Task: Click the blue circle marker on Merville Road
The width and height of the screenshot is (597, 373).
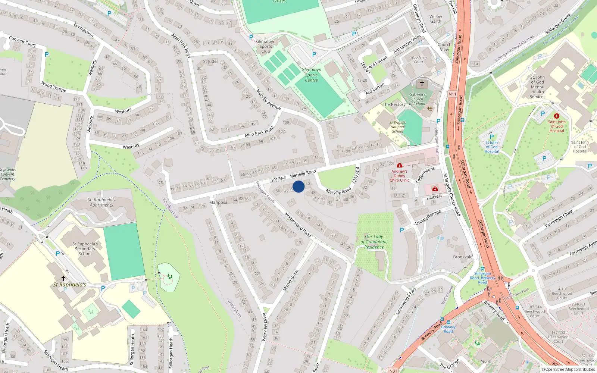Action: point(298,186)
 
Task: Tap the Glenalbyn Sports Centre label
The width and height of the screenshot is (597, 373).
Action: point(311,75)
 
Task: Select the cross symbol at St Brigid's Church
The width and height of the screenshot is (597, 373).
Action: point(422,83)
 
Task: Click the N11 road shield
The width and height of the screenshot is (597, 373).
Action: point(452,94)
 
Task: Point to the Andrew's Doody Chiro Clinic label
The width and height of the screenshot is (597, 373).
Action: point(399,176)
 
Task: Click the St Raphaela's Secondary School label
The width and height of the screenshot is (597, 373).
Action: point(85,249)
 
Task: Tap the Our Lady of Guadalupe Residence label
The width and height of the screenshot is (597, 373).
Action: point(374,242)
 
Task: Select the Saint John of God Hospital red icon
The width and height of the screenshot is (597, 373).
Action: point(557,116)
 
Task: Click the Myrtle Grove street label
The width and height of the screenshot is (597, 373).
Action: point(291,280)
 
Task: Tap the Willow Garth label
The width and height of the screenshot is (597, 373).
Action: point(435,19)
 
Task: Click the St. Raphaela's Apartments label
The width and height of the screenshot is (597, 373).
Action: point(101,202)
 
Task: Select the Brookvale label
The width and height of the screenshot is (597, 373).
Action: point(463,257)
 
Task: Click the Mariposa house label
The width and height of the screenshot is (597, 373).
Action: point(218,203)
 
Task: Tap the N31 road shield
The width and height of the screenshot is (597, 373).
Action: point(393,371)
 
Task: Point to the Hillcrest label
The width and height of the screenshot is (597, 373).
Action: point(434,197)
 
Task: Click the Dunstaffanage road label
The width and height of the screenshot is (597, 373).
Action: point(428,217)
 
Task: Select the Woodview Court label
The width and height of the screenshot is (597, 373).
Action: point(419,60)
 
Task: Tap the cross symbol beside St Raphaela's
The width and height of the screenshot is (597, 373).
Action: point(63,278)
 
